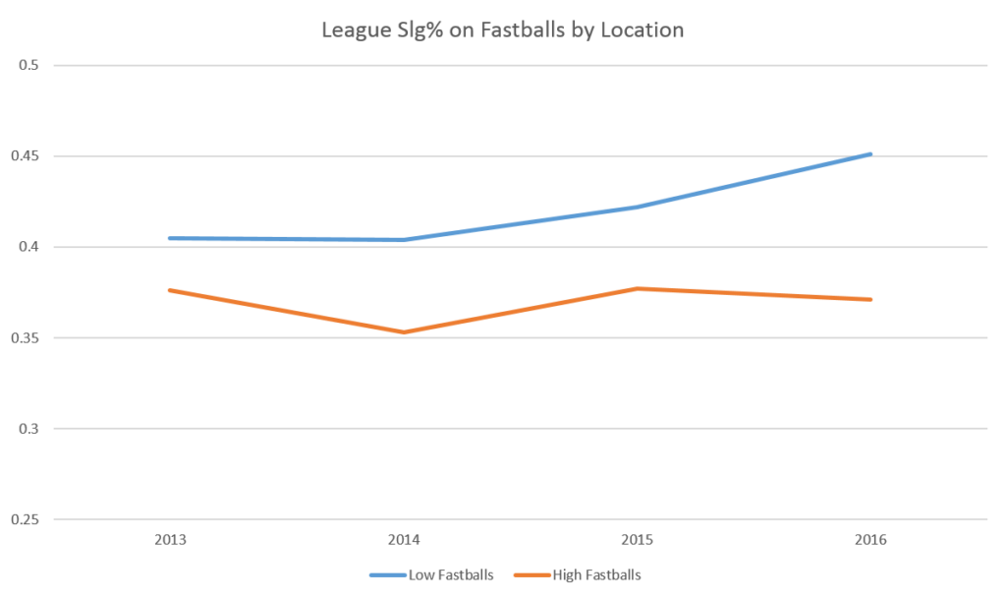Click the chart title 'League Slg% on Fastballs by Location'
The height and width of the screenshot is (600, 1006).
[x=502, y=30]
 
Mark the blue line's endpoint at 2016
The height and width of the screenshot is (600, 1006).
[x=871, y=153]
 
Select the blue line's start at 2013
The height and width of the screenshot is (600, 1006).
[x=169, y=238]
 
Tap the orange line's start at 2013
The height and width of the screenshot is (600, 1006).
[x=169, y=290]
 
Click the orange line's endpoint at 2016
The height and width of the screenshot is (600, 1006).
[x=871, y=299]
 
